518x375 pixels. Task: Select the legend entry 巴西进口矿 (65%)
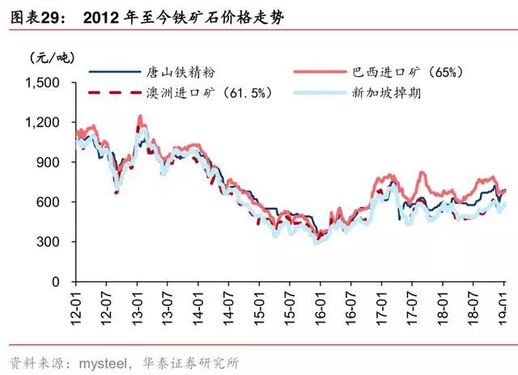408,72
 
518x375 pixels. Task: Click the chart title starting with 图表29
146,15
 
